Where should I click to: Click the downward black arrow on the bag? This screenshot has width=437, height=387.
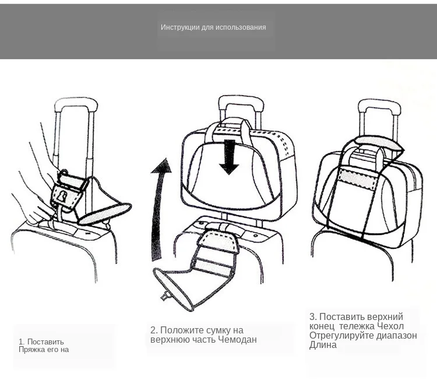[229, 157]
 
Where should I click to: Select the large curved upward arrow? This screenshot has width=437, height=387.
[160, 209]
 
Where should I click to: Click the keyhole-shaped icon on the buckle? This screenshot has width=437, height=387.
[62, 196]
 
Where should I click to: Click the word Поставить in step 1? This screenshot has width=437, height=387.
[45, 342]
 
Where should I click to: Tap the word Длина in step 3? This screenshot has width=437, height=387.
[323, 345]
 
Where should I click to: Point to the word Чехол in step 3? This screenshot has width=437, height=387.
[390, 326]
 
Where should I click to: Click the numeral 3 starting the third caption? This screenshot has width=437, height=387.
[312, 316]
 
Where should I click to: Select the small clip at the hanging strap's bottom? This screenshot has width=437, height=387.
[165, 296]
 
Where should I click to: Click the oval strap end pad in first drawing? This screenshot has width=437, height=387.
[104, 214]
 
